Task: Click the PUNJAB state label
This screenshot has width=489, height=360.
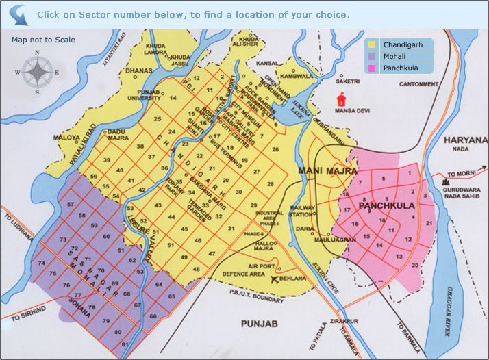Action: (253, 322)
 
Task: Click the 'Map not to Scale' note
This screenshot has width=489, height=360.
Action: (43, 40)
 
